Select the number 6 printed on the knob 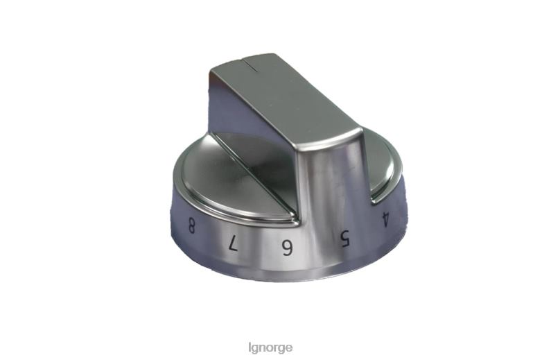click(286, 248)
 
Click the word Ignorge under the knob click(270, 346)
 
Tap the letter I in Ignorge click(250, 346)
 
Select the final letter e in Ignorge click(288, 346)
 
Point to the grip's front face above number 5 click(333, 187)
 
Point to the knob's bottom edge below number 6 click(286, 275)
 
